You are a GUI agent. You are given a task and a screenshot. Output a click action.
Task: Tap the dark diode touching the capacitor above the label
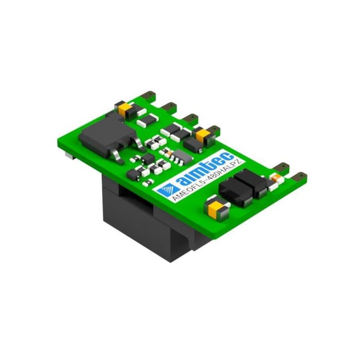(x=191, y=144)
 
